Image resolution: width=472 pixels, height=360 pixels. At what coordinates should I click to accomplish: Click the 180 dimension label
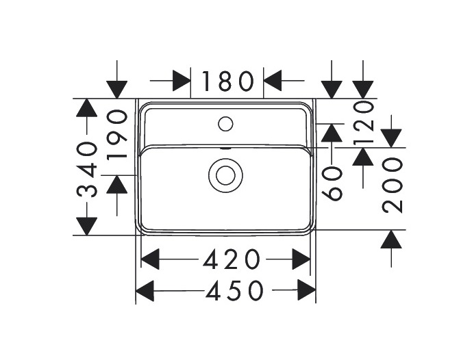pyautogui.click(x=227, y=81)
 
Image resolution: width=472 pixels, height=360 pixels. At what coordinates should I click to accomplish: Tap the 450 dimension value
pyautogui.click(x=235, y=292)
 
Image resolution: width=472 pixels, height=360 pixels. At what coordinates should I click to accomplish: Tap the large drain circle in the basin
pyautogui.click(x=225, y=175)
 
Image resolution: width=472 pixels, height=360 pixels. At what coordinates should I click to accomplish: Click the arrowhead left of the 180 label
pyautogui.click(x=182, y=81)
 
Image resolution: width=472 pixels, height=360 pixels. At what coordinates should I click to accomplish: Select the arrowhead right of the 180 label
pyautogui.click(x=273, y=81)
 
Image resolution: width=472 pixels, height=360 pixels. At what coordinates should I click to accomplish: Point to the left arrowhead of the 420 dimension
pyautogui.click(x=149, y=259)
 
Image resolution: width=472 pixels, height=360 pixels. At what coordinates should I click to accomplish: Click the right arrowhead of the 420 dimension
pyautogui.click(x=301, y=259)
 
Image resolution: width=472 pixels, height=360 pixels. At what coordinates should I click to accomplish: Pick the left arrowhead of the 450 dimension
pyautogui.click(x=145, y=292)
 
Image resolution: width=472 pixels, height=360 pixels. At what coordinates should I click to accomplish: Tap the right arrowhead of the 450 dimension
pyautogui.click(x=306, y=292)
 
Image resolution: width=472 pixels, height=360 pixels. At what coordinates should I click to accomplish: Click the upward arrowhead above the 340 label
pyautogui.click(x=87, y=108)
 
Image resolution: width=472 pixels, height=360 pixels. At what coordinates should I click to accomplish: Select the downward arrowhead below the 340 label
pyautogui.click(x=87, y=225)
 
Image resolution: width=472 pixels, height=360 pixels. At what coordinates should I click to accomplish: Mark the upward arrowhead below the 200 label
pyautogui.click(x=391, y=239)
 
